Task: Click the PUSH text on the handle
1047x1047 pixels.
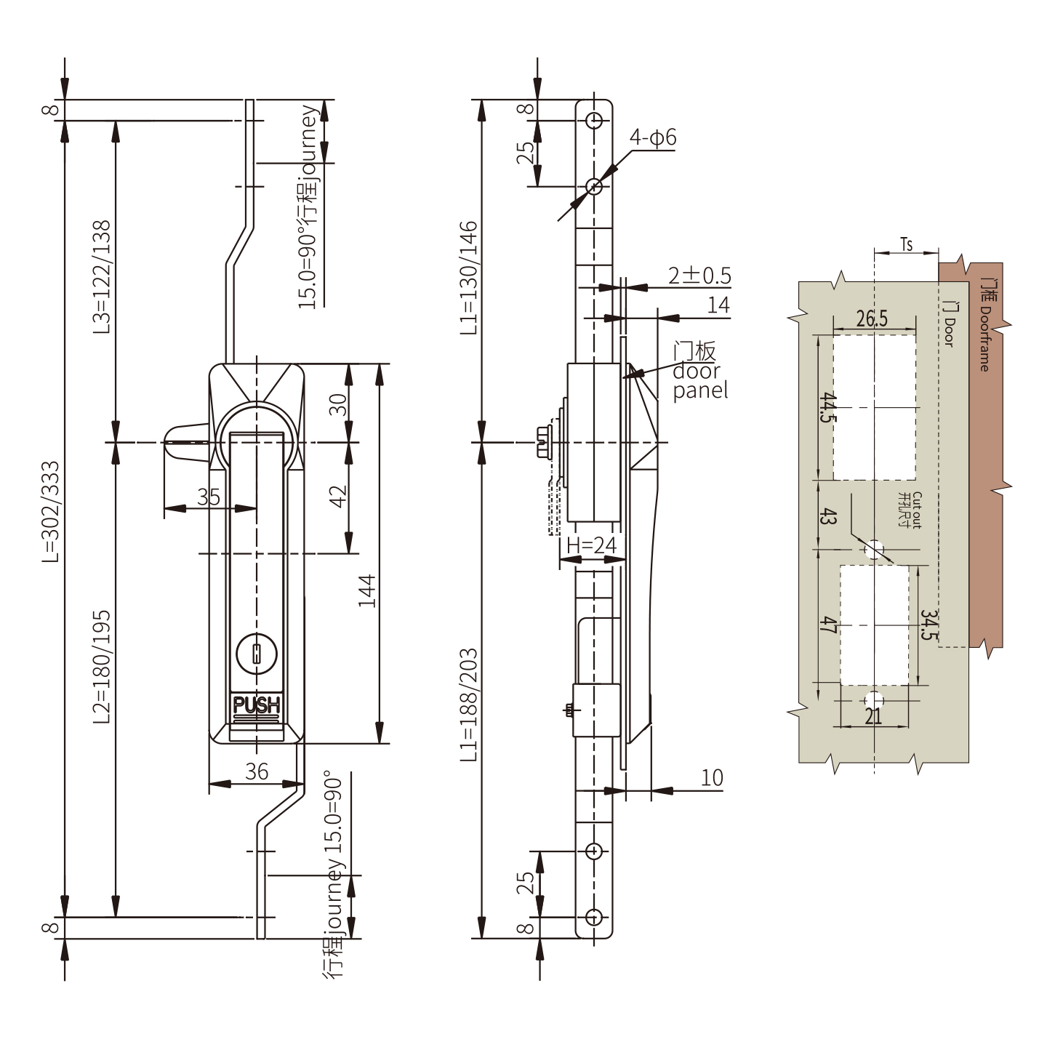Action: point(257,705)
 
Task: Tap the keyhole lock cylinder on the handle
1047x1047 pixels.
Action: point(257,654)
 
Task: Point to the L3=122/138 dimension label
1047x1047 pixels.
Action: point(102,277)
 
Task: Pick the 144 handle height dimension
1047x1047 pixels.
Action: point(366,590)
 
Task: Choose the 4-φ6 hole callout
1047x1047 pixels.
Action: point(652,137)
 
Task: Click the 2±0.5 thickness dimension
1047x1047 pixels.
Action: point(699,276)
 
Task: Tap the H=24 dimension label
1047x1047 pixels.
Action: point(591,545)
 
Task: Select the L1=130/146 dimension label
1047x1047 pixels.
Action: point(468,278)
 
